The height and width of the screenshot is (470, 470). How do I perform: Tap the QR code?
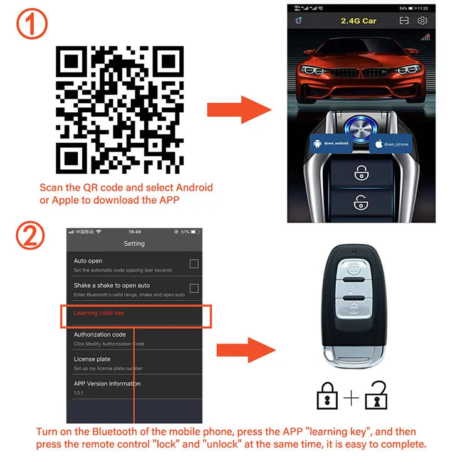pos(119,110)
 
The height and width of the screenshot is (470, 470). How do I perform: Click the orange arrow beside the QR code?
pos(238,110)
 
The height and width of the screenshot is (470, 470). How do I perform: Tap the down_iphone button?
pos(392,144)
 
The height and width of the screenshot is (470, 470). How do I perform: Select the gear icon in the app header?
pos(422,21)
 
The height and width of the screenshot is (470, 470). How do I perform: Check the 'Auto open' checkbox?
pos(194,264)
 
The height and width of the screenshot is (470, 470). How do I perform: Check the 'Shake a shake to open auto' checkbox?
pos(194,288)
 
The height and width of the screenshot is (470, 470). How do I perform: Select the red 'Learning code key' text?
pos(103,313)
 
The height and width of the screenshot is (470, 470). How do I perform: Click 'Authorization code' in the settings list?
pos(100,335)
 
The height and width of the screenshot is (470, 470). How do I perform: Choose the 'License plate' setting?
pos(92,359)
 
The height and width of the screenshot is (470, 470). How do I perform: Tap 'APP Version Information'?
pos(107,384)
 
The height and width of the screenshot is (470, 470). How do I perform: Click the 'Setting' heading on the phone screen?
pos(134,243)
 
